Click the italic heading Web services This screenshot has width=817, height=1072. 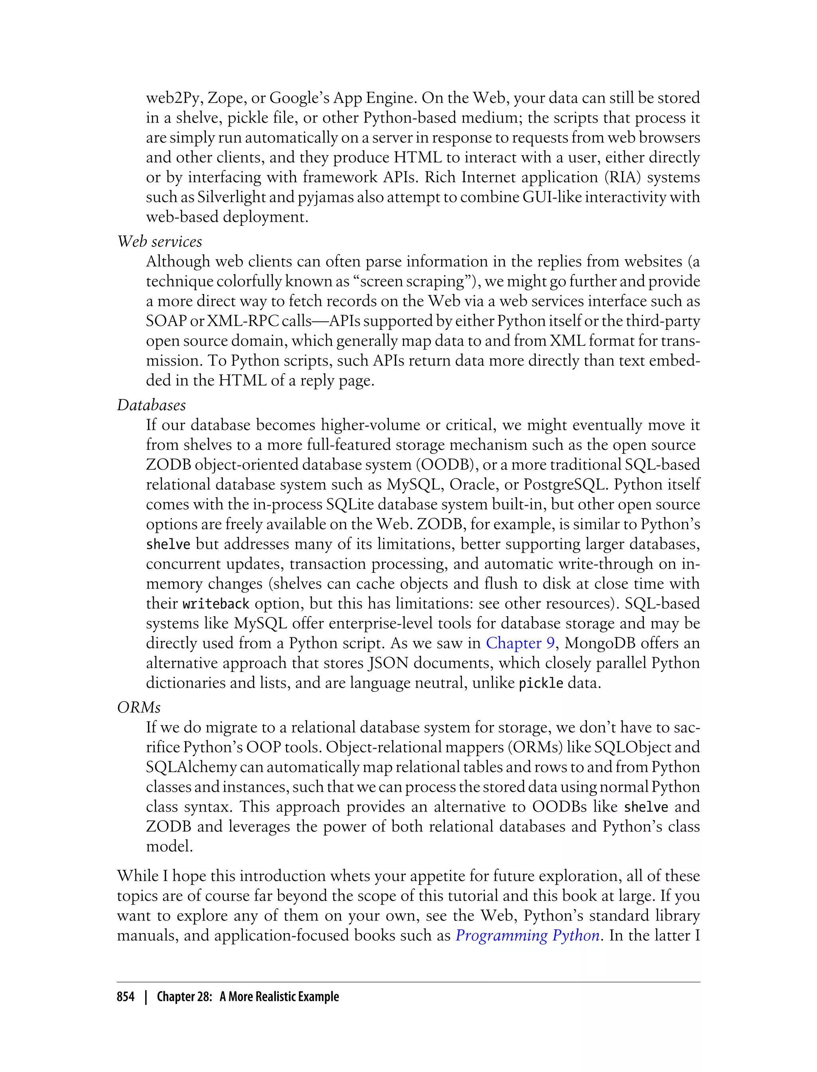[160, 242]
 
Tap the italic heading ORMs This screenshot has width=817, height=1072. [138, 707]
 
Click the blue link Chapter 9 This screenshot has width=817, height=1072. [520, 643]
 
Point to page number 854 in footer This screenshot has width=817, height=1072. [126, 997]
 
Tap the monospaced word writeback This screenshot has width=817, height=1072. [216, 604]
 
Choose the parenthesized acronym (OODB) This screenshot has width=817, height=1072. [444, 465]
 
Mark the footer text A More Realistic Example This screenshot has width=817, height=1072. [279, 997]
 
